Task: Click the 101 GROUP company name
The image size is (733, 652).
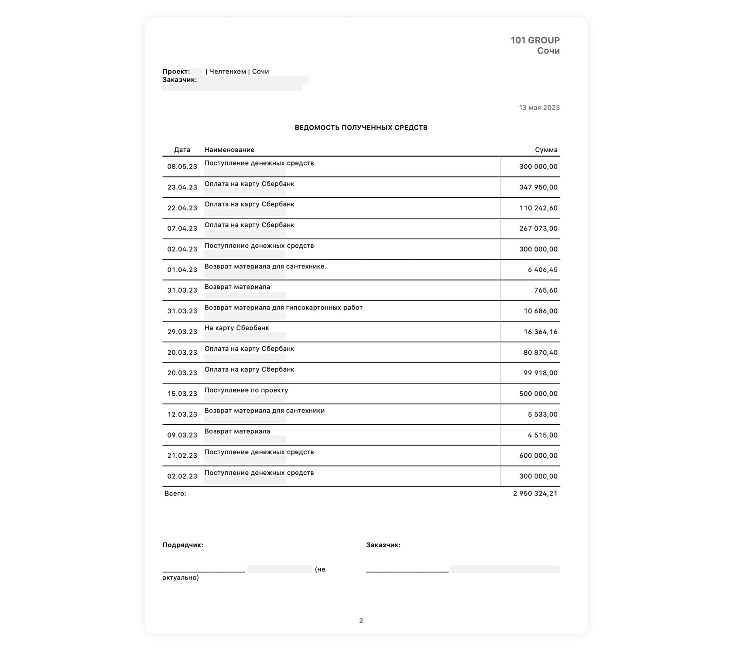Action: [x=535, y=40]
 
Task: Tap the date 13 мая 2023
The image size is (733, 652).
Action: [x=539, y=107]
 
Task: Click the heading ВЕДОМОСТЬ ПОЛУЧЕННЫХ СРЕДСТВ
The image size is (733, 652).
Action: [x=361, y=127]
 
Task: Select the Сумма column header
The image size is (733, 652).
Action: [x=546, y=150]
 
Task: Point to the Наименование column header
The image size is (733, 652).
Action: [x=229, y=150]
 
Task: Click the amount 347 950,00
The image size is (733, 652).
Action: [x=538, y=187]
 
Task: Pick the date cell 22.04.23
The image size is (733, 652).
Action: [x=182, y=208]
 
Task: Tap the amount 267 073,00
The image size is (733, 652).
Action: [x=538, y=228]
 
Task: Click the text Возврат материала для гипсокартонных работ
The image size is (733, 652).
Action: [x=283, y=307]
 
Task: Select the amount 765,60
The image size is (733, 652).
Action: [x=545, y=290]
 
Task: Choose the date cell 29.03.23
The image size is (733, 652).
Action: [x=182, y=332]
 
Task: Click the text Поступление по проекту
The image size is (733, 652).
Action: [x=246, y=390]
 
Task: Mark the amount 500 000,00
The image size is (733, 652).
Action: [x=538, y=394]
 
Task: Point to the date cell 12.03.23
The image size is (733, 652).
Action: [x=182, y=414]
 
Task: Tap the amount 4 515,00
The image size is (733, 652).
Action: [x=542, y=435]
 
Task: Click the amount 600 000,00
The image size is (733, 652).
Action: [x=538, y=455]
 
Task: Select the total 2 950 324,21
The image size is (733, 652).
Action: [x=535, y=493]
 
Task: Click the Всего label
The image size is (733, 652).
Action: [x=175, y=493]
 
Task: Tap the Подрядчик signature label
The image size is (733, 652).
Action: [x=182, y=545]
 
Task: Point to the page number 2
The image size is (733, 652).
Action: [x=361, y=621]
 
